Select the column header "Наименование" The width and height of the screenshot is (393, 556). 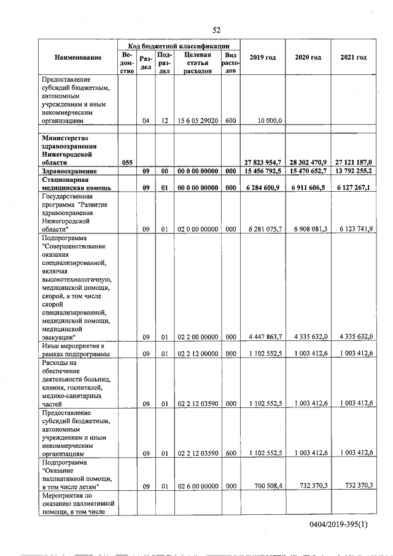[x=77, y=58]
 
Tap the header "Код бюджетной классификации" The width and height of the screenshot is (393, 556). [x=179, y=45]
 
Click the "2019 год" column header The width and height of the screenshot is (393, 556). [x=262, y=58]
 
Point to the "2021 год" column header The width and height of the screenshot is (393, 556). [x=353, y=58]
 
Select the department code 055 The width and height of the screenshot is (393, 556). [x=127, y=162]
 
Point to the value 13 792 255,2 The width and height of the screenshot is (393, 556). [x=353, y=171]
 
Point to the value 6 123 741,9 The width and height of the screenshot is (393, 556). [x=355, y=229]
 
